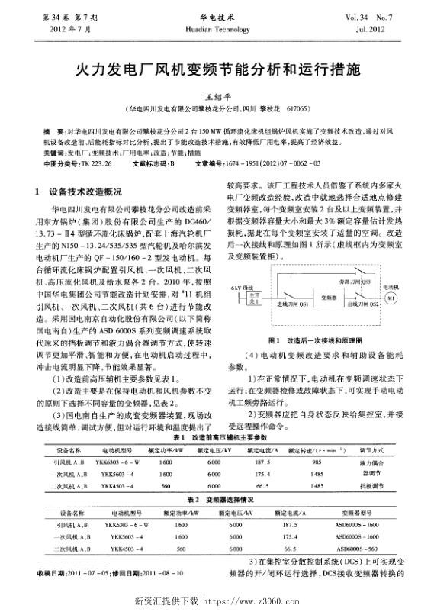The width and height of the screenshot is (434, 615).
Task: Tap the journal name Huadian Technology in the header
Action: pos(217,27)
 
